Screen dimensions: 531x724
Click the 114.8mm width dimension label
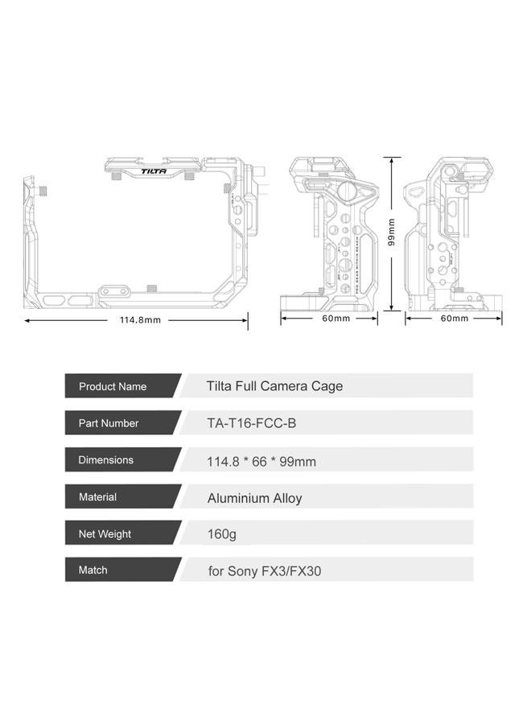(140, 320)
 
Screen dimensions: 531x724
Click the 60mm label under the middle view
(335, 319)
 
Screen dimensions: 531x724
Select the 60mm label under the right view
(454, 319)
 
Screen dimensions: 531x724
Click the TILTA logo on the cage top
(154, 171)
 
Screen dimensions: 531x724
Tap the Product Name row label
(113, 387)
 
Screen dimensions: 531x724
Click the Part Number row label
(109, 423)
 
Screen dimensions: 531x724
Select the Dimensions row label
(105, 460)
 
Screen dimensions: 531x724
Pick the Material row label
(97, 497)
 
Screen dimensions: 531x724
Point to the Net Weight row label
(105, 534)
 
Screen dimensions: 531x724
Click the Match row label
(93, 570)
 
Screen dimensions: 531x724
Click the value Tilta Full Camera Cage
(274, 386)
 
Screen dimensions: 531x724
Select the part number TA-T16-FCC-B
(257, 423)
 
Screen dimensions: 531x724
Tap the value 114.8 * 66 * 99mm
(261, 461)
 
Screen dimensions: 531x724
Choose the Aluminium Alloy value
(254, 498)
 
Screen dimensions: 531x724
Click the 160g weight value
(221, 534)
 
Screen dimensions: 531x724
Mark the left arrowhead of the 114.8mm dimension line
(27, 320)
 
